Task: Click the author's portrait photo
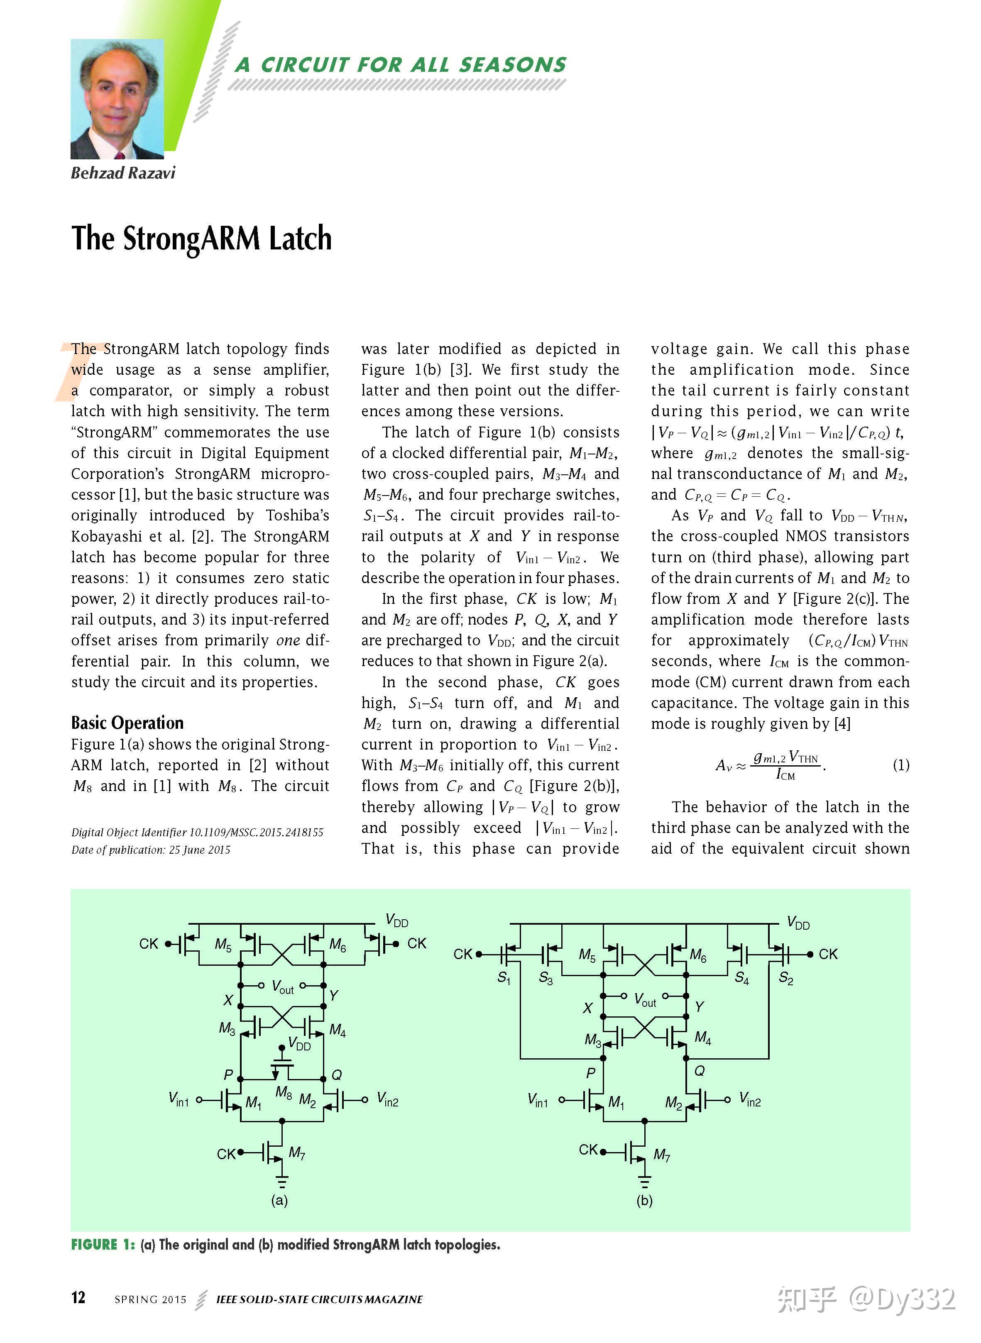coord(117,99)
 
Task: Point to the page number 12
coord(78,1297)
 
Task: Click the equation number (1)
coord(900,765)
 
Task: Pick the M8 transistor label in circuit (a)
coord(284,1093)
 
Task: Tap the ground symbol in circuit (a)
coord(281,1181)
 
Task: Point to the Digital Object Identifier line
coord(197,832)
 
